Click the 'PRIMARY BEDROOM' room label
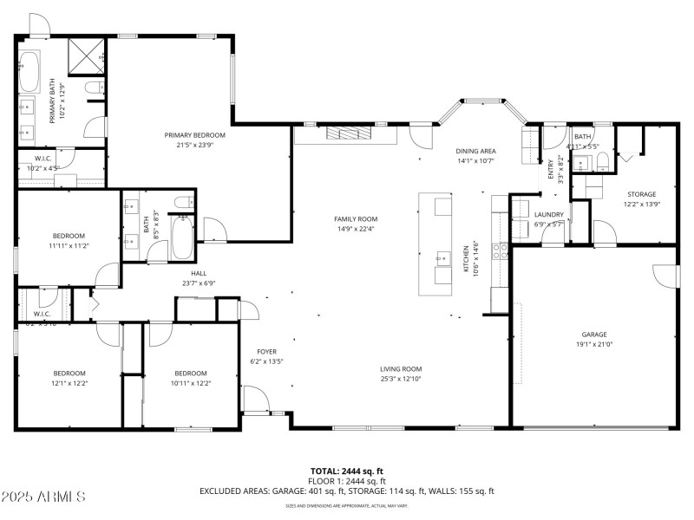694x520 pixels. click(x=195, y=135)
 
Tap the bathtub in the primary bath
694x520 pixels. click(x=29, y=71)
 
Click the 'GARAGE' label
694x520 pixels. click(x=594, y=335)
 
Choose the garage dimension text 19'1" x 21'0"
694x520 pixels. click(x=594, y=344)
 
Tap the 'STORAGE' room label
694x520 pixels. click(x=642, y=194)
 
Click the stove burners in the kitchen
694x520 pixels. click(x=501, y=251)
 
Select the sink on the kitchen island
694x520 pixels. click(x=442, y=258)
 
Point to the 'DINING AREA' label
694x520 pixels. click(x=475, y=151)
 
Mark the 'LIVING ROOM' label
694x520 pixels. click(x=400, y=368)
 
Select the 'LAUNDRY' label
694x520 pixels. click(x=548, y=214)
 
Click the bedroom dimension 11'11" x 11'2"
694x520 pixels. click(x=69, y=245)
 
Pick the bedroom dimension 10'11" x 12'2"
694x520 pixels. click(x=190, y=382)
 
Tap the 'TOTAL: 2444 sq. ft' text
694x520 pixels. click(x=347, y=471)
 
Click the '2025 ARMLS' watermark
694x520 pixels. click(x=43, y=497)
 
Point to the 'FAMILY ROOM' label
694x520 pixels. click(x=357, y=219)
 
